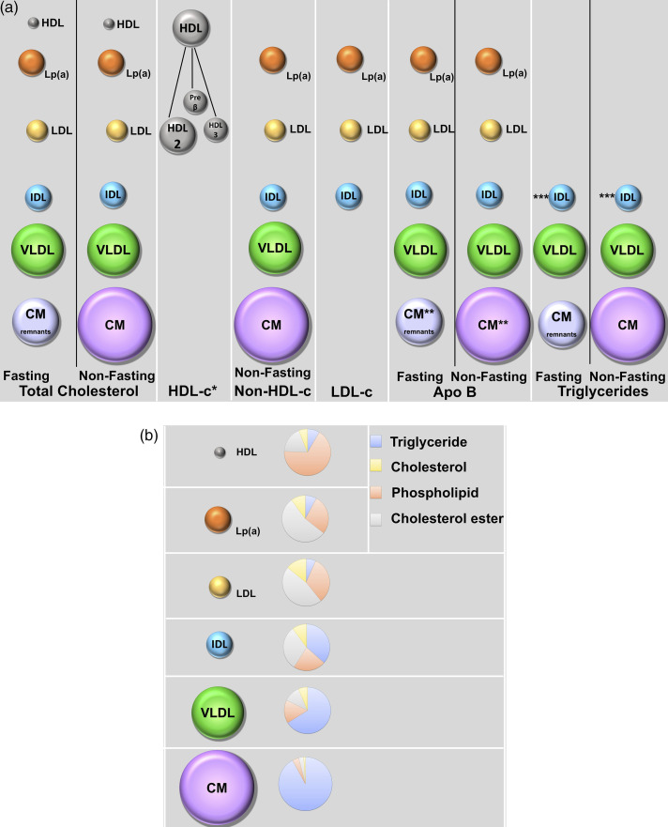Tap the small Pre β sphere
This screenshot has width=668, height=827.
[195, 100]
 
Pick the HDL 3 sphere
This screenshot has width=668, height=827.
[216, 130]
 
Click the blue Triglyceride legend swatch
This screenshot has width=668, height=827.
[376, 440]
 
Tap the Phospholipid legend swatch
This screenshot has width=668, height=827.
[376, 492]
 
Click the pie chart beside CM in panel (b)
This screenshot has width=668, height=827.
[305, 784]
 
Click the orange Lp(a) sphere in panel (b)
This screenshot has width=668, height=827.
[218, 520]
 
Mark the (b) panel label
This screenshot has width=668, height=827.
[149, 436]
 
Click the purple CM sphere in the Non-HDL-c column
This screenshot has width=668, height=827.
[271, 325]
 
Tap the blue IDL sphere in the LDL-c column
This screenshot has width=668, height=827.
[347, 196]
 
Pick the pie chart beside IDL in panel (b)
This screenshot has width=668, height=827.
[307, 647]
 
